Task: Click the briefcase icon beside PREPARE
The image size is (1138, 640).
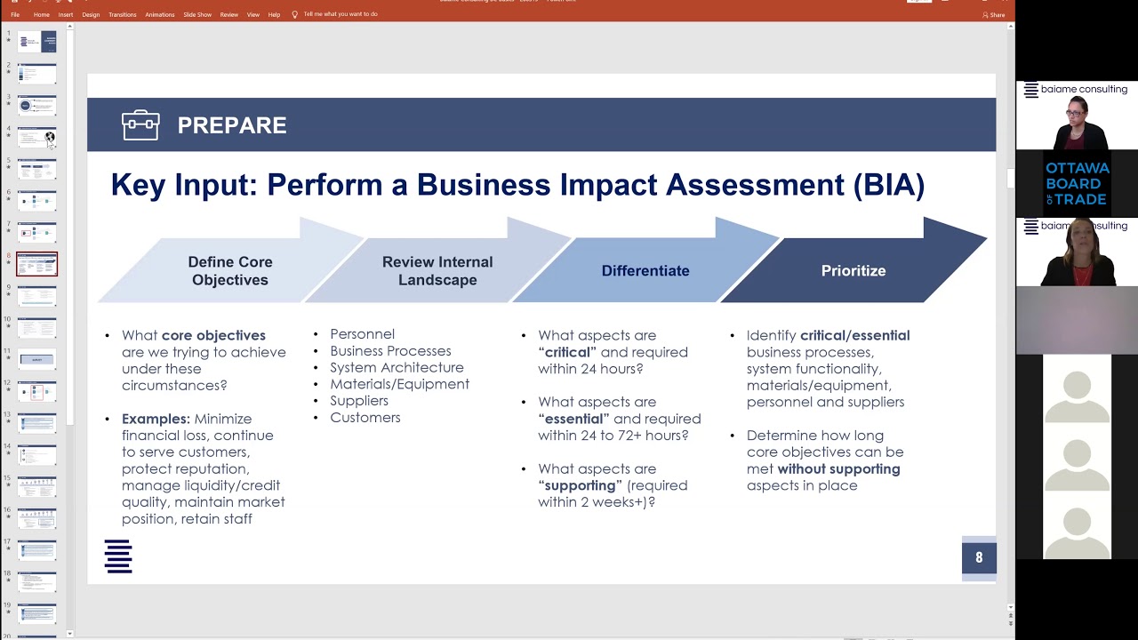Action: pos(140,125)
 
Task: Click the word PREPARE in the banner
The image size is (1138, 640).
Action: pos(231,125)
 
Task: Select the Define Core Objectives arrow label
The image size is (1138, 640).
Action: pos(229,271)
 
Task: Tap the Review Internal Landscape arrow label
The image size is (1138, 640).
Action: pos(437,271)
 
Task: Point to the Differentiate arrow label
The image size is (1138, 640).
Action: pos(645,271)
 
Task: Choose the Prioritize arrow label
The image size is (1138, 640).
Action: pos(853,271)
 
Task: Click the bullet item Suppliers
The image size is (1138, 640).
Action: pos(359,401)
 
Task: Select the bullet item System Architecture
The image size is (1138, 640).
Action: pos(397,367)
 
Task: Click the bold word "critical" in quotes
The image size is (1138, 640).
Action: pos(567,352)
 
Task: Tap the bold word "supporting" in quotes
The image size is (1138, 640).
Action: pos(580,485)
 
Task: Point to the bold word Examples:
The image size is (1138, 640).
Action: pos(156,419)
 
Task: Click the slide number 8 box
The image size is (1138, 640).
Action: pos(979,558)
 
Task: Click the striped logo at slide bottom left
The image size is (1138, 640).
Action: pos(118,556)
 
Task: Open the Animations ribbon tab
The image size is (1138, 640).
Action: pos(160,14)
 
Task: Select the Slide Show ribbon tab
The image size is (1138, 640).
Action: pos(197,14)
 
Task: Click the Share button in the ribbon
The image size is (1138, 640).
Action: pos(994,14)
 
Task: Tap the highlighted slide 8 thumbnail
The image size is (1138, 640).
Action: pos(36,264)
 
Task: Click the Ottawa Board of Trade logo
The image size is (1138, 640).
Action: pos(1077,184)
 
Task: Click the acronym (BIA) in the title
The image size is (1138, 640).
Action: pos(888,185)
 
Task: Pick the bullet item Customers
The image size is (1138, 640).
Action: pos(365,418)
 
